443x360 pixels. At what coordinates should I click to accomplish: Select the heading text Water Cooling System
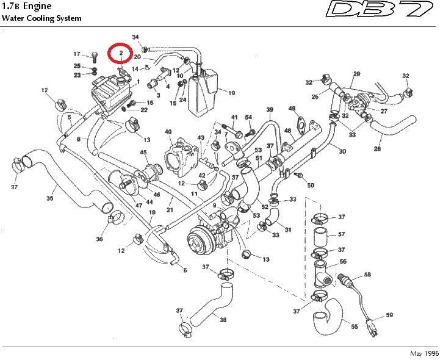click(41, 18)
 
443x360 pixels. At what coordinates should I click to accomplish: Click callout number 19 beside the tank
click(231, 93)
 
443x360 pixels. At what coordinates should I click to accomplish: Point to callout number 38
click(223, 320)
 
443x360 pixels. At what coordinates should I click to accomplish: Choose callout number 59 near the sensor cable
click(389, 315)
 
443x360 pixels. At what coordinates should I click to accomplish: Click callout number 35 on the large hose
click(50, 198)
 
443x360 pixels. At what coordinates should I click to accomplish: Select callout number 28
click(378, 149)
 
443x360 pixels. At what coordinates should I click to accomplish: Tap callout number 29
click(357, 74)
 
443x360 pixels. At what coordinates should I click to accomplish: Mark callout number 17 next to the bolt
click(77, 54)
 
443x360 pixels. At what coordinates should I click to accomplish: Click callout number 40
click(168, 131)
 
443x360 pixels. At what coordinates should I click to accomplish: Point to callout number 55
click(354, 326)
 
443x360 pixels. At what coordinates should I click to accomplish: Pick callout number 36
click(99, 239)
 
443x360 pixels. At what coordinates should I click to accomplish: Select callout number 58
click(367, 275)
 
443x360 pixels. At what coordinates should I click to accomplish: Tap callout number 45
click(143, 153)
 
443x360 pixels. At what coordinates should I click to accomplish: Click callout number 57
click(342, 234)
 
